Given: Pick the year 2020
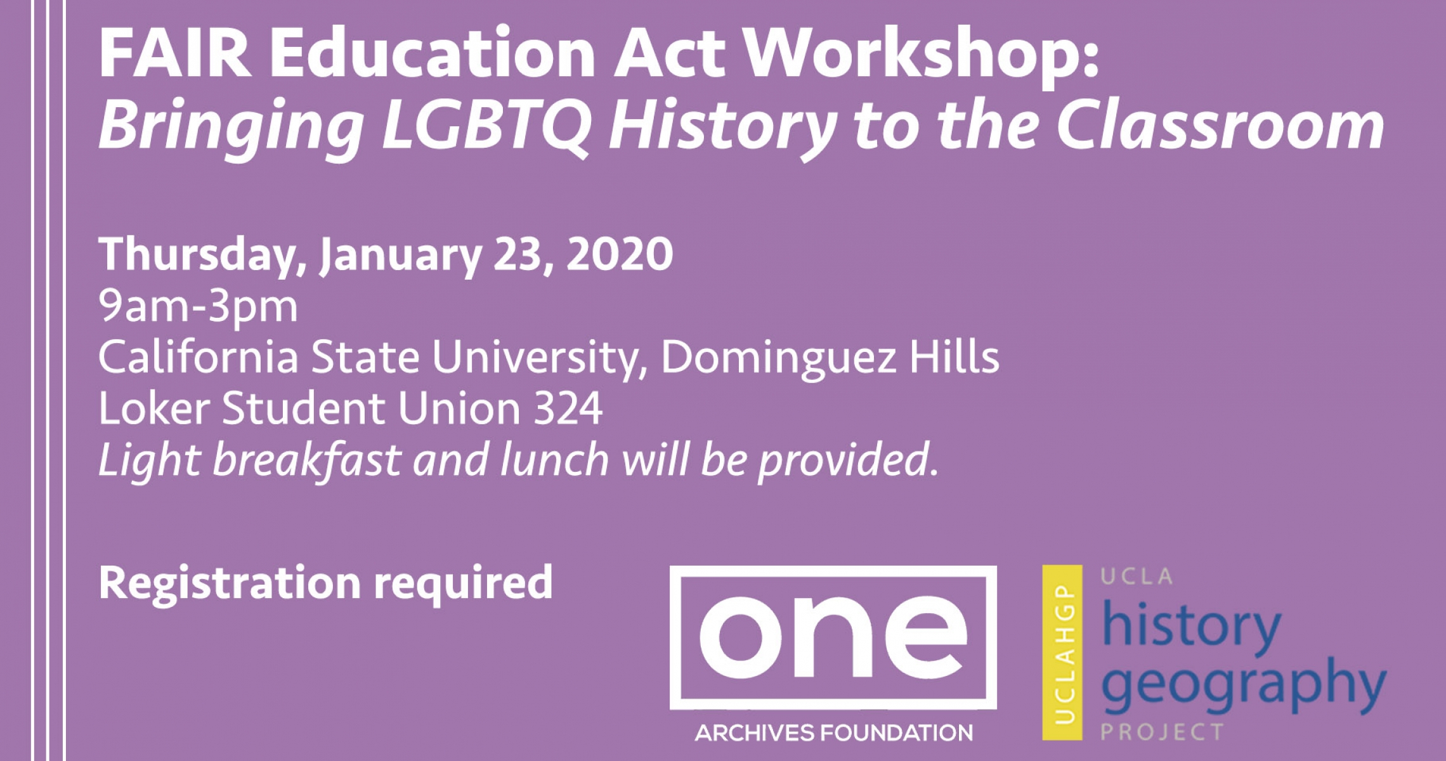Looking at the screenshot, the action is (620, 254).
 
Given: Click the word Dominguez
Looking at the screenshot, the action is (779, 358).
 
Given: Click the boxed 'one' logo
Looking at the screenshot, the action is (833, 637).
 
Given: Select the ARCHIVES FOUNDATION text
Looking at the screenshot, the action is (833, 733).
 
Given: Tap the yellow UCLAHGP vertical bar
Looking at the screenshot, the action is (1062, 653).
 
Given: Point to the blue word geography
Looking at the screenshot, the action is (1244, 686).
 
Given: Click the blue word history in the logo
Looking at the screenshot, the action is (1192, 627).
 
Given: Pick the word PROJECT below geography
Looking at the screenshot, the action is (1162, 732).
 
